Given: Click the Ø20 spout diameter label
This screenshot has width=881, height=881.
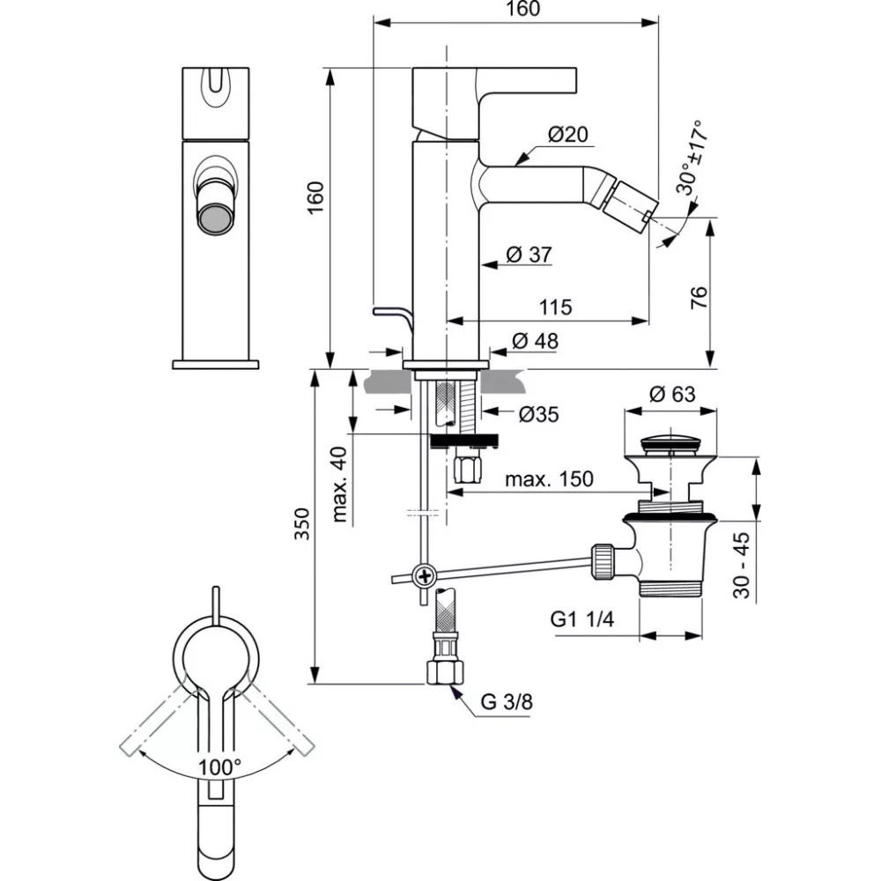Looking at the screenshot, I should tap(567, 135).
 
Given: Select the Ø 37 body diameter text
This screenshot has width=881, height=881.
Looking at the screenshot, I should tap(529, 255).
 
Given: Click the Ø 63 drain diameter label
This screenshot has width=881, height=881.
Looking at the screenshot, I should tap(674, 395).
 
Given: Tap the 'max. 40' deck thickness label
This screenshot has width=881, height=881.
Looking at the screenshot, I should tap(339, 485).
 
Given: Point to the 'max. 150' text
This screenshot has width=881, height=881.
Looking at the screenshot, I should tap(549, 479).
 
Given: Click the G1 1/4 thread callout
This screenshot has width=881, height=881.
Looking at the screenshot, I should tap(582, 619).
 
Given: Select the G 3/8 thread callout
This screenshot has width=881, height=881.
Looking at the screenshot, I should tap(507, 702).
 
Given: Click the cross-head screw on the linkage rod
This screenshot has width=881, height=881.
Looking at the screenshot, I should tap(425, 578).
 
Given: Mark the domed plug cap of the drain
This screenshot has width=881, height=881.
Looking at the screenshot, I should tap(671, 440).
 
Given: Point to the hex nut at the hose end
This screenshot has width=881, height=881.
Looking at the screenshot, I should tap(443, 673).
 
